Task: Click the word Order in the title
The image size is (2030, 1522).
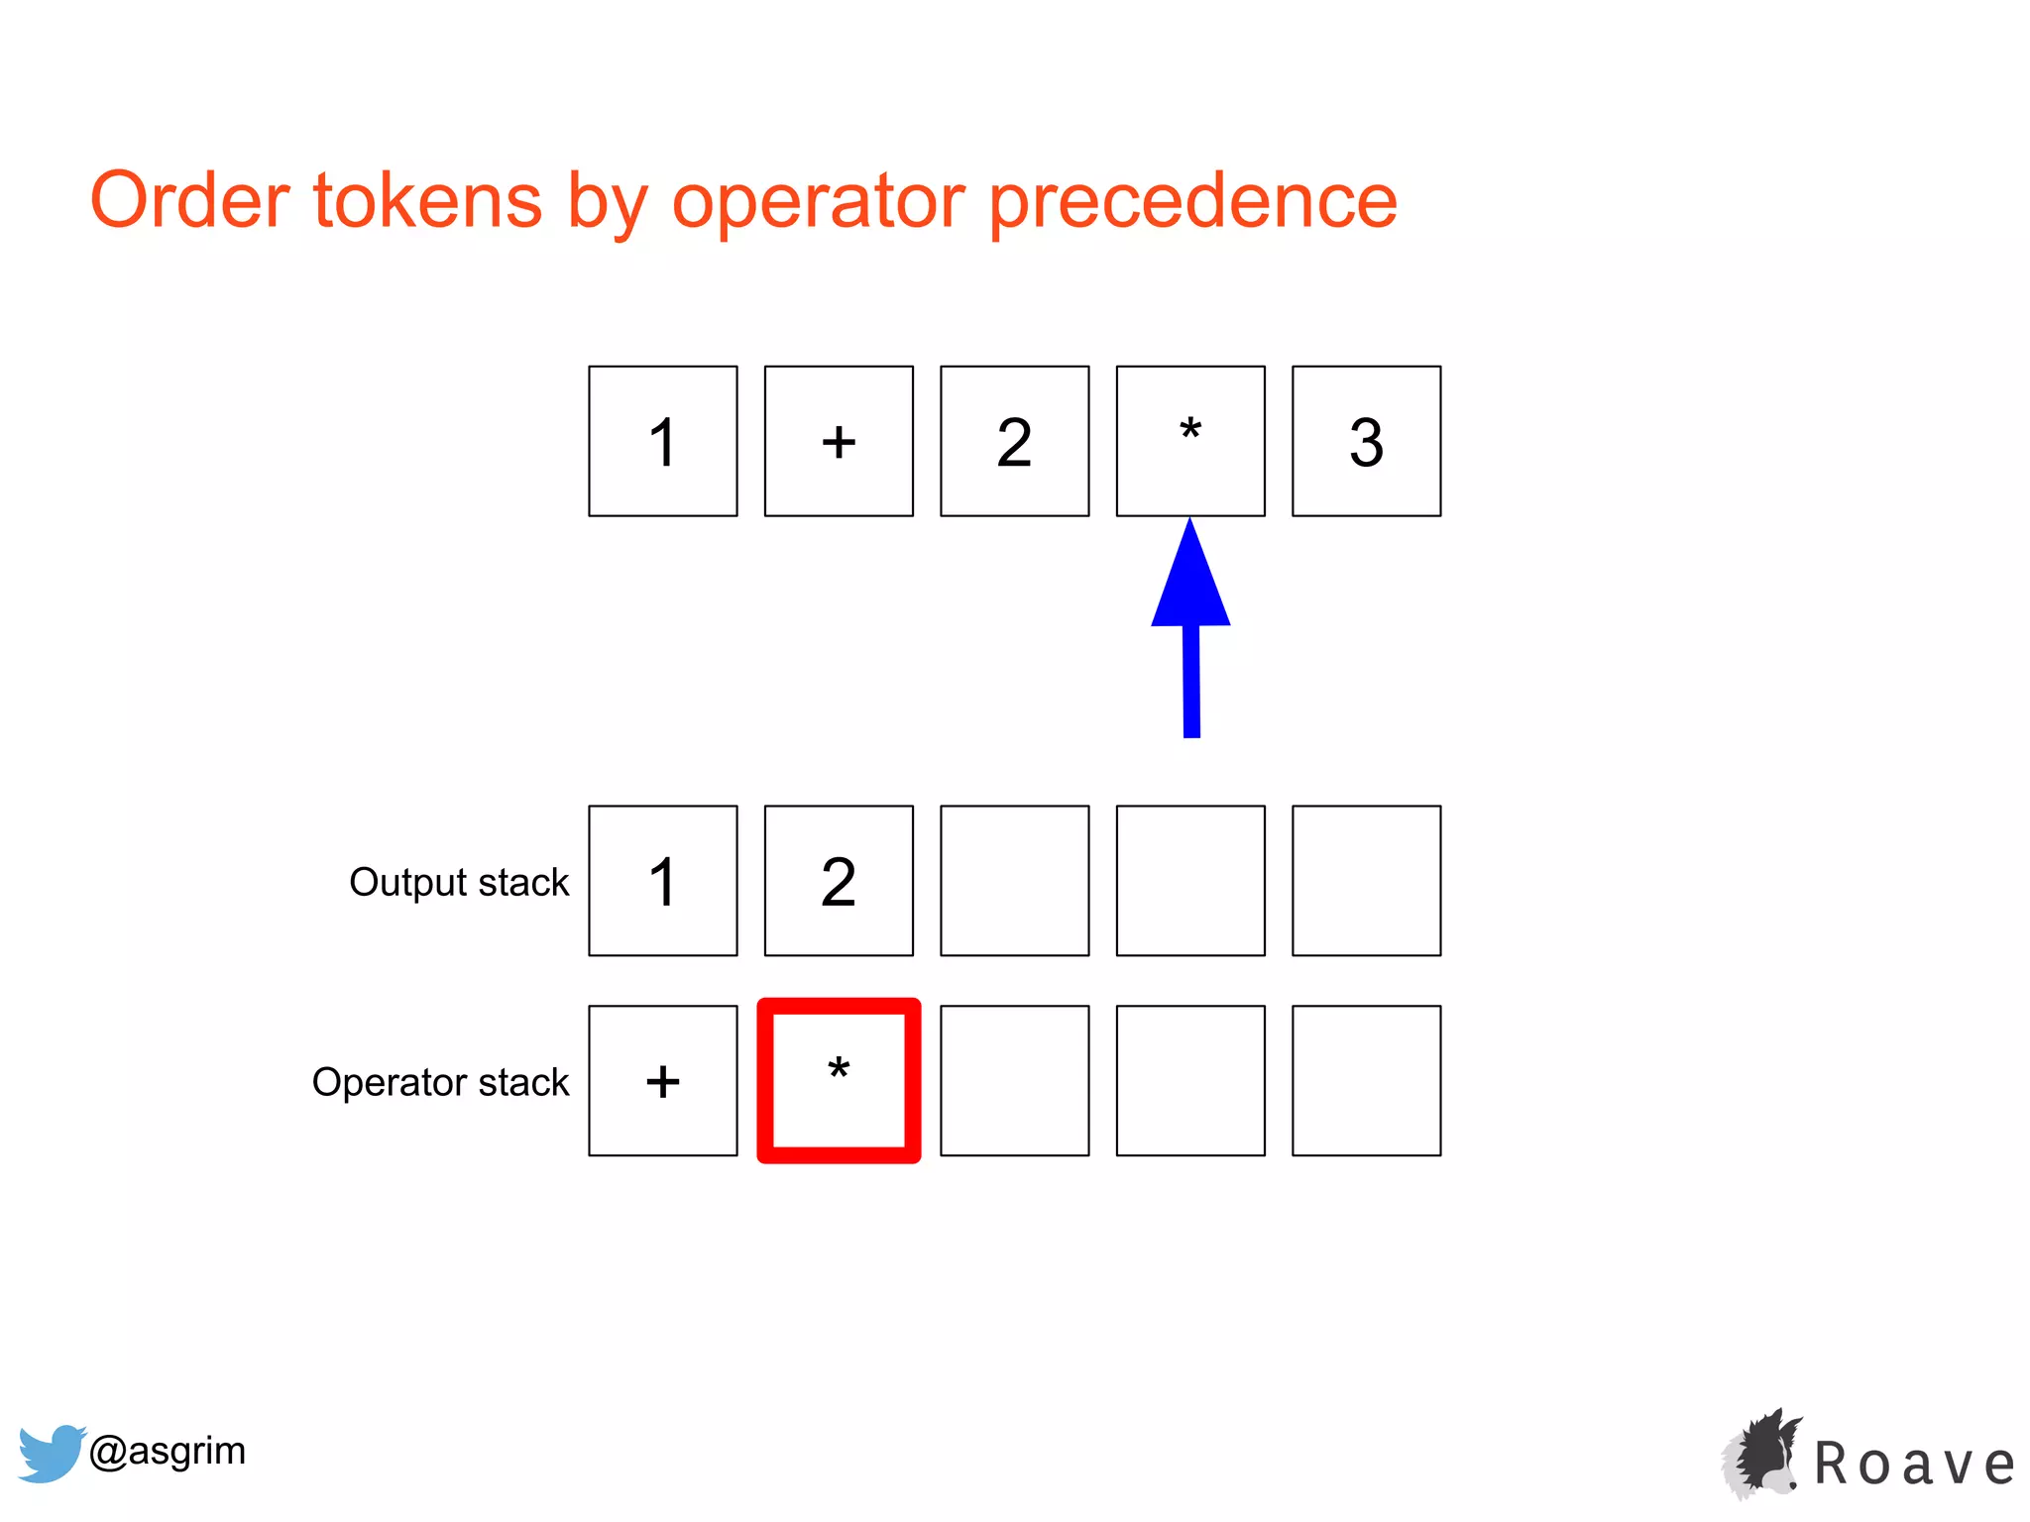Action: coord(189,200)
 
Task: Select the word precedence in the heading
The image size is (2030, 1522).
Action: coord(1193,202)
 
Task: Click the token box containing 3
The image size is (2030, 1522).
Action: coord(1366,441)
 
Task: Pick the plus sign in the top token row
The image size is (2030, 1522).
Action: coord(839,441)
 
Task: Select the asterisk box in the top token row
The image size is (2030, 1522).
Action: coord(1190,441)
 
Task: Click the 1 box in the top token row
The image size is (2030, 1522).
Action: coord(662,441)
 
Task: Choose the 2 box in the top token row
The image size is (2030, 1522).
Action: coord(1014,441)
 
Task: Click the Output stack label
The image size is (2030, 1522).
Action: coord(459,882)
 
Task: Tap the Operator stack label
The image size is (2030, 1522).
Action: coord(440,1082)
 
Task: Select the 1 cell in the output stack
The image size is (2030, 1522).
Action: coord(662,881)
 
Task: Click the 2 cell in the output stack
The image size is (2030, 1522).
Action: coord(839,881)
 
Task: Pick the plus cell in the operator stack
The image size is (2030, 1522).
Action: coord(662,1081)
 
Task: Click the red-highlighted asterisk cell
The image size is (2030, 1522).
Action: coord(839,1081)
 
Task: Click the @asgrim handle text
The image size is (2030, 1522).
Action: coord(167,1451)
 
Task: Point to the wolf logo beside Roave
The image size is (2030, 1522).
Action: coord(1761,1454)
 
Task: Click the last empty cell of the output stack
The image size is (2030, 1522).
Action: coord(1366,881)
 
